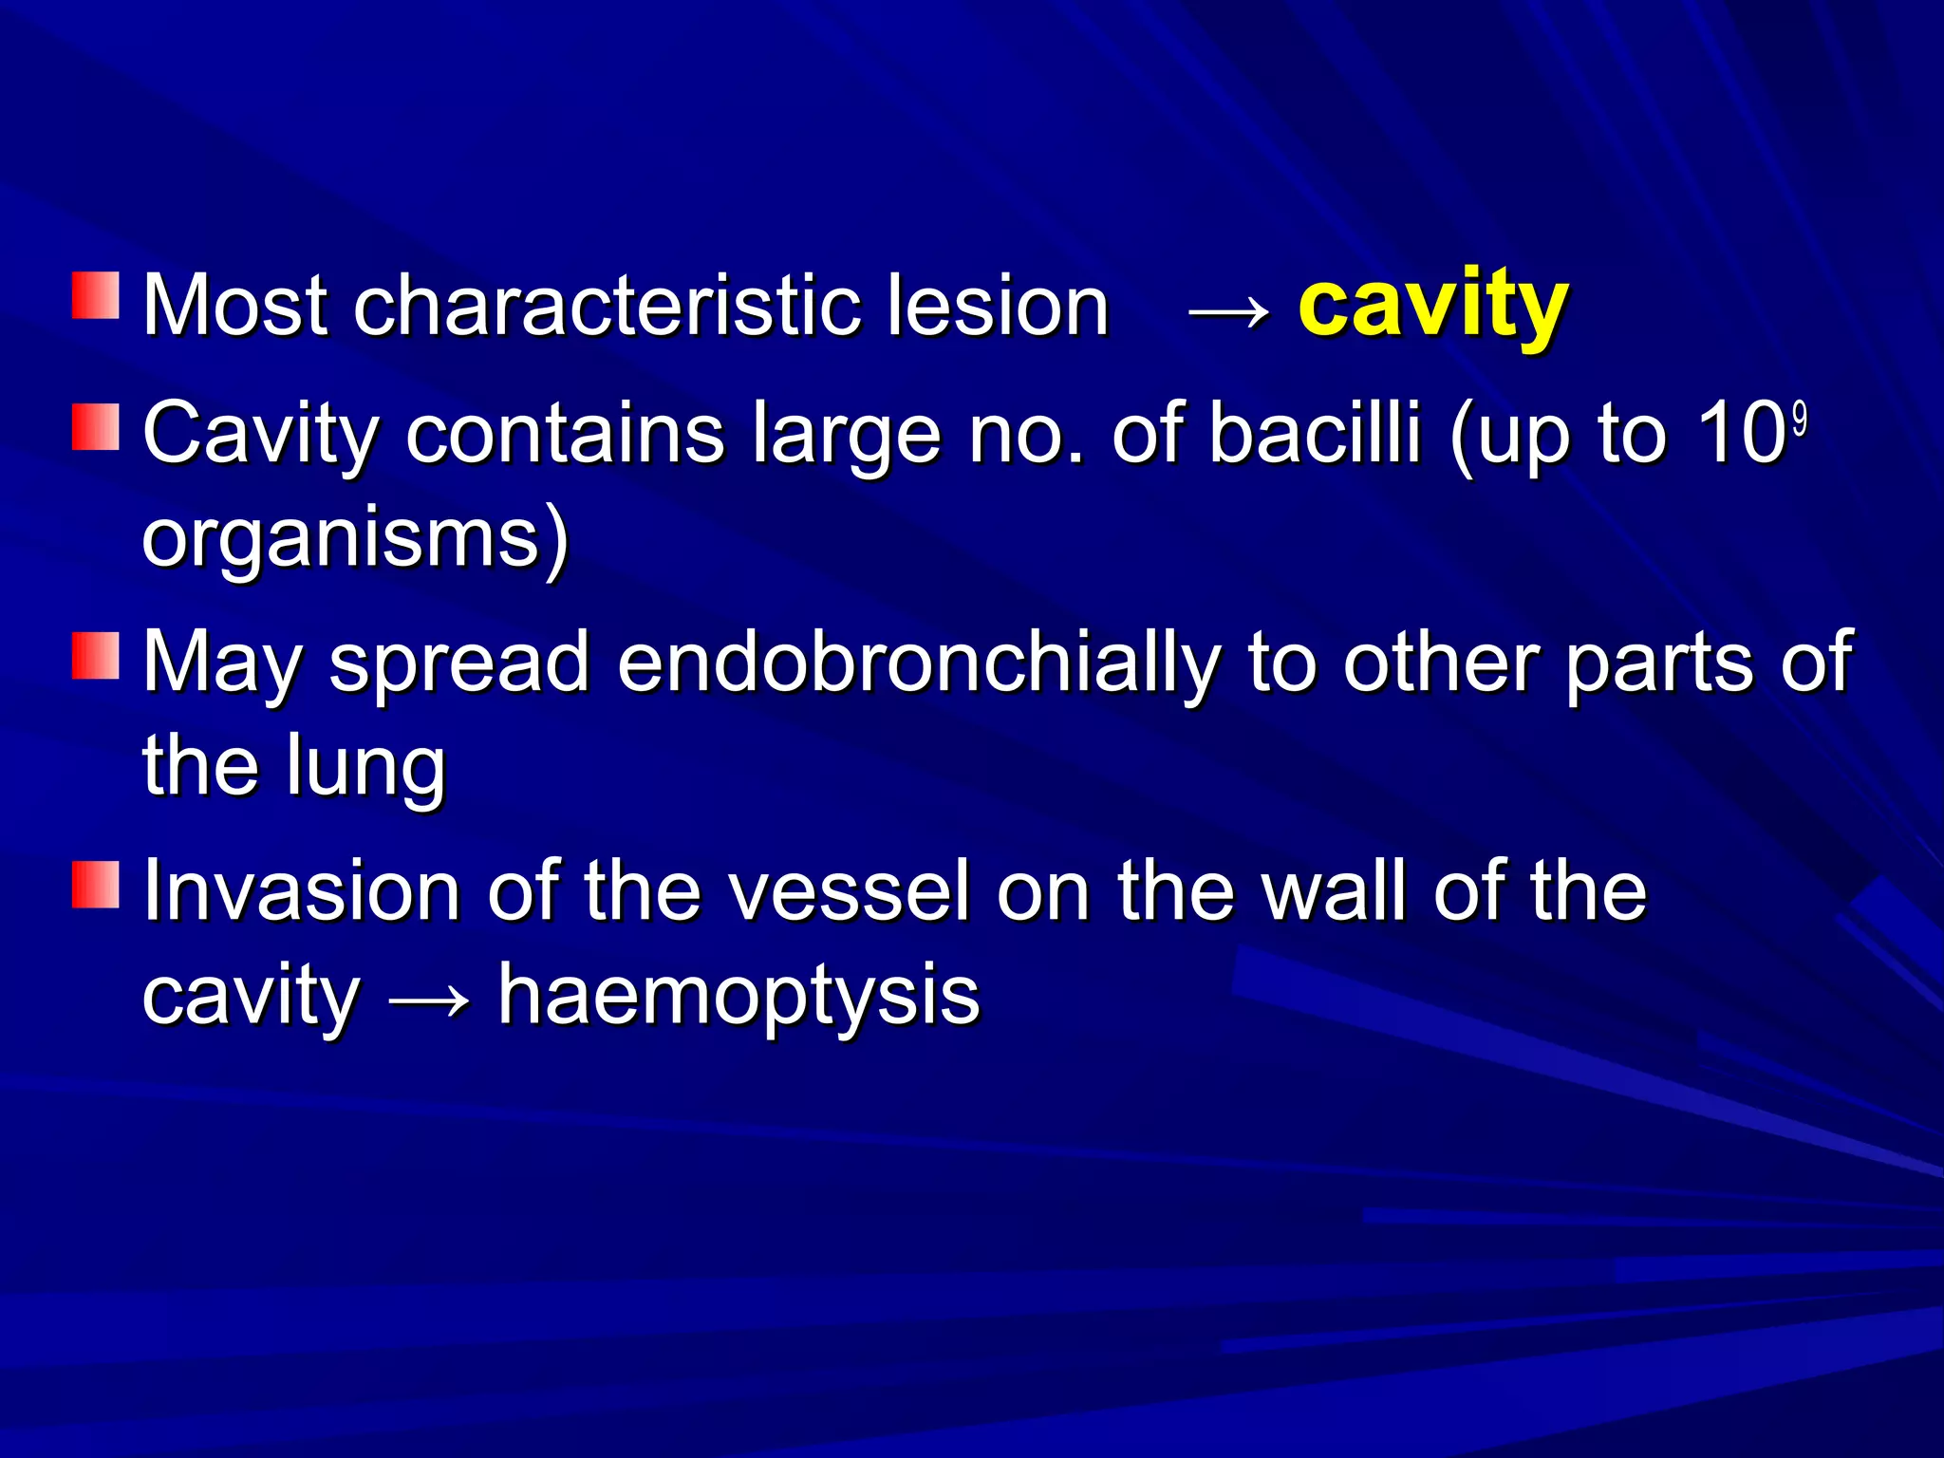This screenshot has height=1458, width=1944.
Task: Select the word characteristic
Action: [x=607, y=306]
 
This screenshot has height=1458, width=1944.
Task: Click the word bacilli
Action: [x=1314, y=435]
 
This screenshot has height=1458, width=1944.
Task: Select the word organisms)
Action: [x=356, y=539]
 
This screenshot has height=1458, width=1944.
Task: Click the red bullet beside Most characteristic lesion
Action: [x=96, y=295]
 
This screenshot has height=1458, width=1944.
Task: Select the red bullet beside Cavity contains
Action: [x=96, y=426]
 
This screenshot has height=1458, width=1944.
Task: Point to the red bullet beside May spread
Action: [x=96, y=656]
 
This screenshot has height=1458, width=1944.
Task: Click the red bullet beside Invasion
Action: [x=96, y=885]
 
